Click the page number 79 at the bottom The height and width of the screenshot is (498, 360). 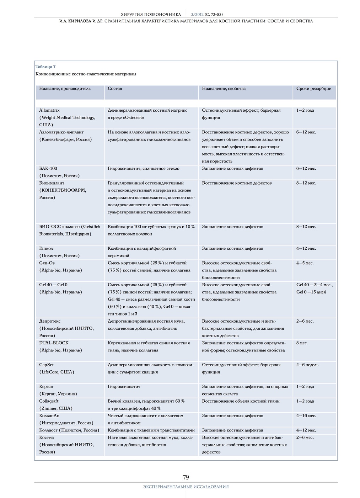click(186, 477)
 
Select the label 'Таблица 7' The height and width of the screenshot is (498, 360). click(45, 67)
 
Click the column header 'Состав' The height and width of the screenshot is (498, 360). click(115, 88)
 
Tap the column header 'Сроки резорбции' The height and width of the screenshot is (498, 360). click(314, 88)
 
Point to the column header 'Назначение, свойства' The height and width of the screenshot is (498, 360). click(224, 88)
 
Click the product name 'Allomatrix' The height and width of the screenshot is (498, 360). click(49, 110)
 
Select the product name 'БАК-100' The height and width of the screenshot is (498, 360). click(48, 168)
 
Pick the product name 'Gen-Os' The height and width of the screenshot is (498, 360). click(47, 263)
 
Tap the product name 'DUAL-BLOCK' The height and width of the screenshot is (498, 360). click(54, 343)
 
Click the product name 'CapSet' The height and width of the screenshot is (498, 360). click(46, 365)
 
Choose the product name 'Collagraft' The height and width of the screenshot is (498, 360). click(49, 401)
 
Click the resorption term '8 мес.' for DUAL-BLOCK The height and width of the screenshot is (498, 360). click(302, 343)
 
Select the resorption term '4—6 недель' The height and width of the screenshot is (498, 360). click(307, 365)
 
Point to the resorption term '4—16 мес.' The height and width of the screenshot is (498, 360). click(306, 415)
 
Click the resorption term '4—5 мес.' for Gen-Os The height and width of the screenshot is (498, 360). click(305, 263)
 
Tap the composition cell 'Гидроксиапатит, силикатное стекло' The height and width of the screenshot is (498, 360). click(144, 168)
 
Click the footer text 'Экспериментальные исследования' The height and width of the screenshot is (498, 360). click(186, 487)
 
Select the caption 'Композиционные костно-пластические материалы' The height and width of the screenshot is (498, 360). click(86, 74)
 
